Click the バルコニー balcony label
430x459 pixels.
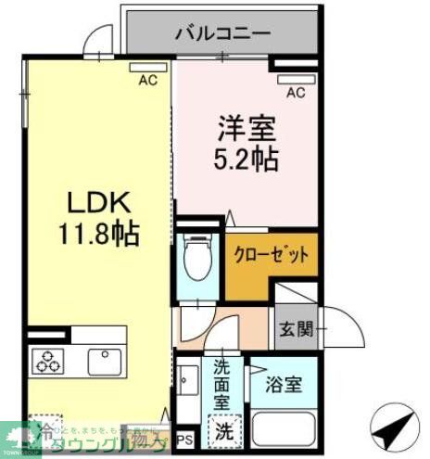pos(222,33)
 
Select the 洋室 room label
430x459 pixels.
pos(243,127)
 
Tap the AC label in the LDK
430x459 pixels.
pos(147,82)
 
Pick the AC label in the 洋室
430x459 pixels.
pos(296,92)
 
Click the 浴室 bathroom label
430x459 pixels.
pos(282,385)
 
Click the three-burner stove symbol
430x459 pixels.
pos(48,360)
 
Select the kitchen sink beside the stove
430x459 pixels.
pos(99,358)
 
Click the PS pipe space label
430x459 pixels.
pos(184,438)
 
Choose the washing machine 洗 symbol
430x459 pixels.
pos(222,430)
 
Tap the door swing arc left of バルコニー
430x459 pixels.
pos(95,43)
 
